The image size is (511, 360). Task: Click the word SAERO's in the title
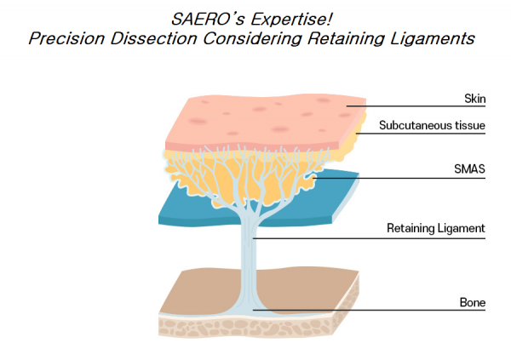pyautogui.click(x=208, y=19)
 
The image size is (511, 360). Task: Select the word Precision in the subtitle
pyautogui.click(x=66, y=38)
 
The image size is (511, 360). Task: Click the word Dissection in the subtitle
pyautogui.click(x=153, y=38)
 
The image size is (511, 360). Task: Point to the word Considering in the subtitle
pyautogui.click(x=252, y=39)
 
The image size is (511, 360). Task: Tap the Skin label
pyautogui.click(x=475, y=99)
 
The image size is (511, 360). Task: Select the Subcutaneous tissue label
pyautogui.click(x=432, y=125)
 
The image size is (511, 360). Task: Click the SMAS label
pyautogui.click(x=469, y=169)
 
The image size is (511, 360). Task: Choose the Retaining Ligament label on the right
pyautogui.click(x=436, y=228)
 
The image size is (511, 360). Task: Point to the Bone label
pyautogui.click(x=473, y=302)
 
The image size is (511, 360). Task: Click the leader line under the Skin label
pyautogui.click(x=416, y=106)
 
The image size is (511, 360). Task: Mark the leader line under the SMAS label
pyautogui.click(x=399, y=178)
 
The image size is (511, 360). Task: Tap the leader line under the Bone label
pyautogui.click(x=370, y=310)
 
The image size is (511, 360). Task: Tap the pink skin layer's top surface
pyautogui.click(x=261, y=121)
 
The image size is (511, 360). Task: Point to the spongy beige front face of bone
pyautogui.click(x=244, y=328)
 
